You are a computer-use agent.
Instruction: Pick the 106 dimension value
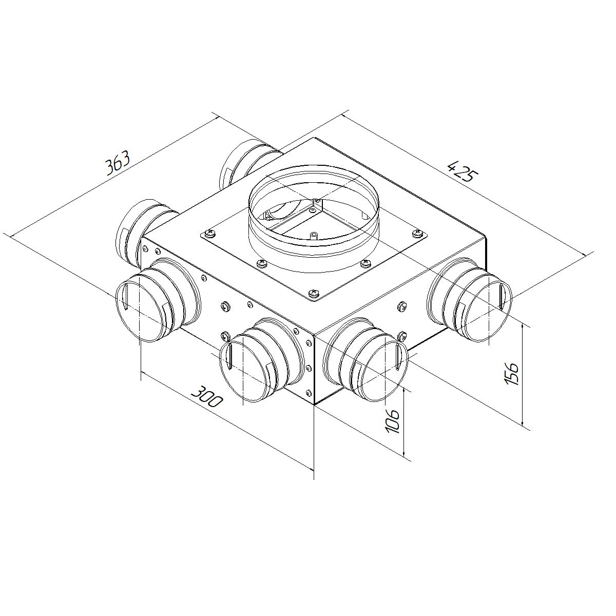pyautogui.click(x=393, y=421)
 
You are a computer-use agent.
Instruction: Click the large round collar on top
pyautogui.click(x=314, y=219)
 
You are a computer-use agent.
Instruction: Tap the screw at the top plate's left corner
pyautogui.click(x=210, y=234)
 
